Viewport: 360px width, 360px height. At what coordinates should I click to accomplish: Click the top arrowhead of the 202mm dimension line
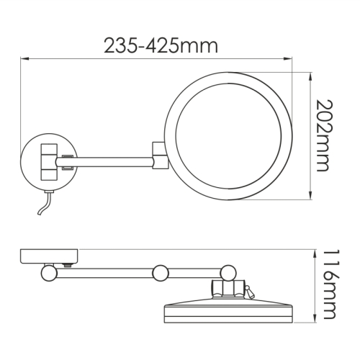[x=311, y=73]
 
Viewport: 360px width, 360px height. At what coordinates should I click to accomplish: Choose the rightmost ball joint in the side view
[x=229, y=273]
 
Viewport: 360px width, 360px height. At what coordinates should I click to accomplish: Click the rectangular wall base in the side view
[x=49, y=255]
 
